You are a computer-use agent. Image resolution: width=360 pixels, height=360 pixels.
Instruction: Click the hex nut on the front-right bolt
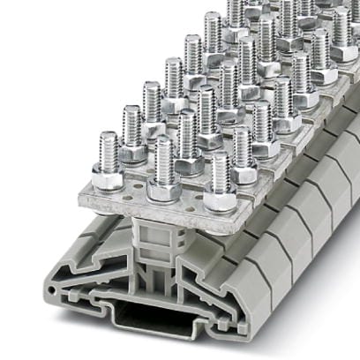point(218,199)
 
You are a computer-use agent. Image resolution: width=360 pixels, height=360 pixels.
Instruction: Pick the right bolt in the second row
point(240,150)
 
